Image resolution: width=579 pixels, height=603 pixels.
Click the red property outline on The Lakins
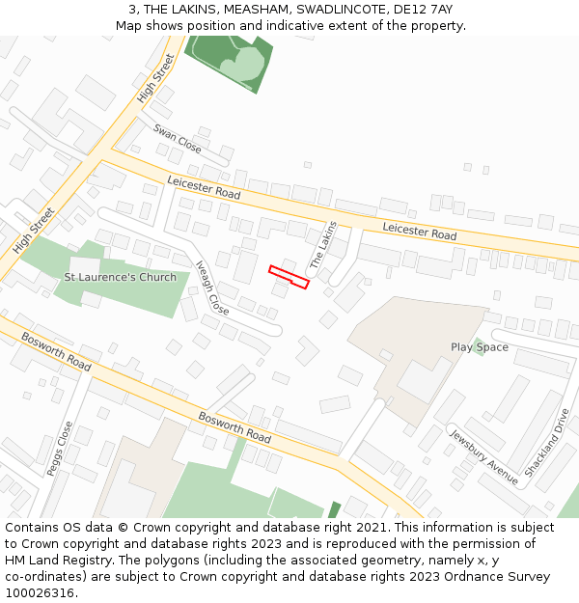289,277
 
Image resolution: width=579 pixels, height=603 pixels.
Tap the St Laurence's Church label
120,278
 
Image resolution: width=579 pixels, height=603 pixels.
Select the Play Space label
480,347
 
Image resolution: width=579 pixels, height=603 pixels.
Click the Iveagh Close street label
211,288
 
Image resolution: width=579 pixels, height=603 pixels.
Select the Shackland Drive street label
547,443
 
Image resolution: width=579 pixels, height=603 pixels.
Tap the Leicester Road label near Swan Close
204,188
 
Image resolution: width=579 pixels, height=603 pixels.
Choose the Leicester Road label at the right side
419,231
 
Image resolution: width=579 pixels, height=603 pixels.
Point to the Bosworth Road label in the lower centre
234,427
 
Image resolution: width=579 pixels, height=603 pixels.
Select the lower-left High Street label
35,231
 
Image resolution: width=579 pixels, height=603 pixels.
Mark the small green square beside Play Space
479,346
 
